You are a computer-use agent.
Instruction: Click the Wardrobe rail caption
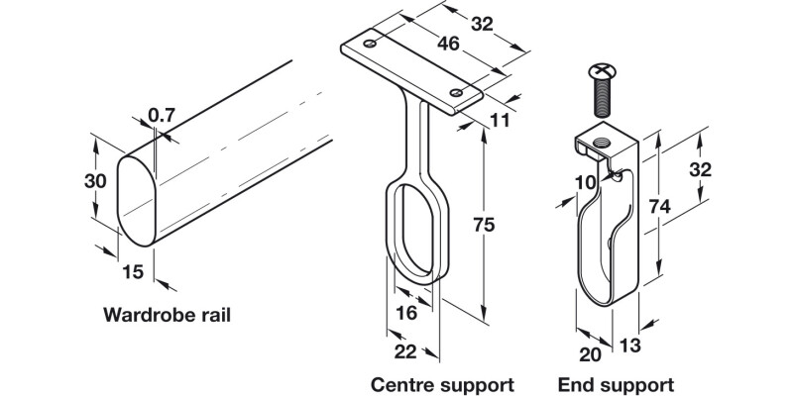coord(168,317)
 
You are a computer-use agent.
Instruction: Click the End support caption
coord(616,383)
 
